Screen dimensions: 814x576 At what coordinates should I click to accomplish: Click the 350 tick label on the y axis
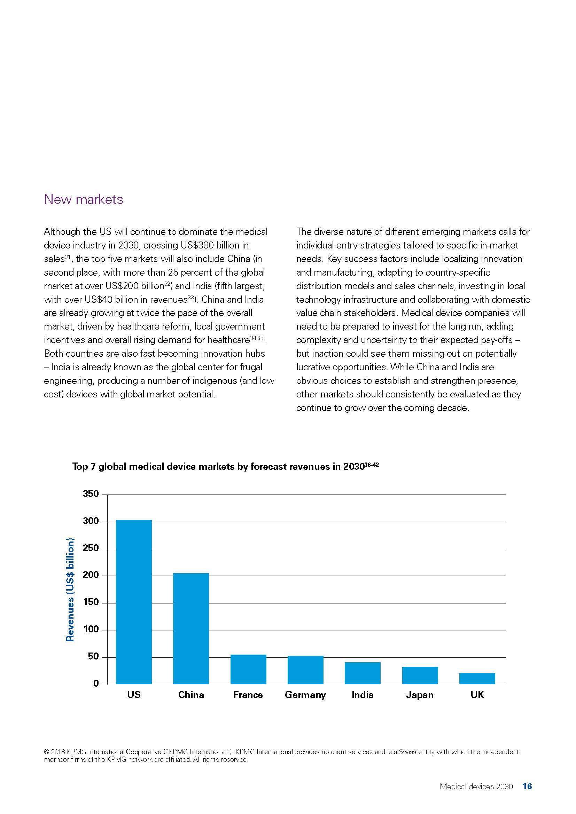click(91, 494)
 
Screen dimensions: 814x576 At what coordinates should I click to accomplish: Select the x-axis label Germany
click(305, 695)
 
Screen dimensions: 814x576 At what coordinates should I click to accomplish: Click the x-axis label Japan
click(420, 695)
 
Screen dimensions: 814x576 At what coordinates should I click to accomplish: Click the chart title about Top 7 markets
click(225, 467)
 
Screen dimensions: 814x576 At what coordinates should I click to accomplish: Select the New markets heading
click(83, 199)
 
